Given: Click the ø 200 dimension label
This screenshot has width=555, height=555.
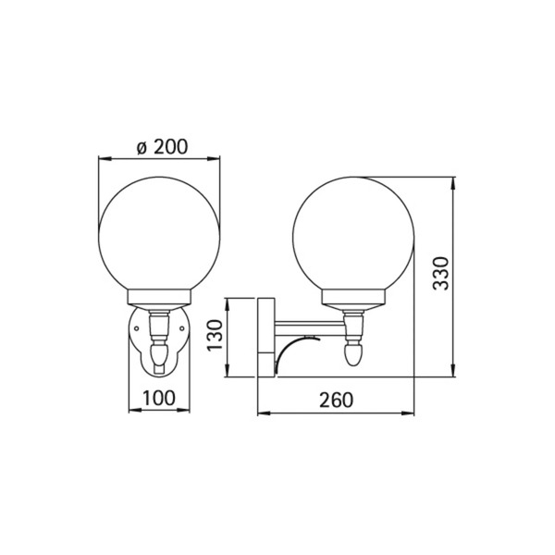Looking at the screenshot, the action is pos(162,146).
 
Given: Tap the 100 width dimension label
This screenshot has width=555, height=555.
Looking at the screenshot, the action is pos(159,398).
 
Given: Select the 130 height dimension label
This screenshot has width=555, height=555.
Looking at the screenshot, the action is pos(215,335).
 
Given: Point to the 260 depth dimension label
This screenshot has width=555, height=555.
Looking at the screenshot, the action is pos(337,400).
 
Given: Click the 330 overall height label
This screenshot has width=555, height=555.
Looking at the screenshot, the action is pos(441,274).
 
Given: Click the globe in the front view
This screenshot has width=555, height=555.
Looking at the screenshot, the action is pos(159,234).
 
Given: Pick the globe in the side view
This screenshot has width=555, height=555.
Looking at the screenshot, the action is pos(353,234).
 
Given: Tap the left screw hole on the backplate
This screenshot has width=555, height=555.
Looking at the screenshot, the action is pos(136,328).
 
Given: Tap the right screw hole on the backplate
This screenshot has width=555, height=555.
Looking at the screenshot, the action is pos(182,328).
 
